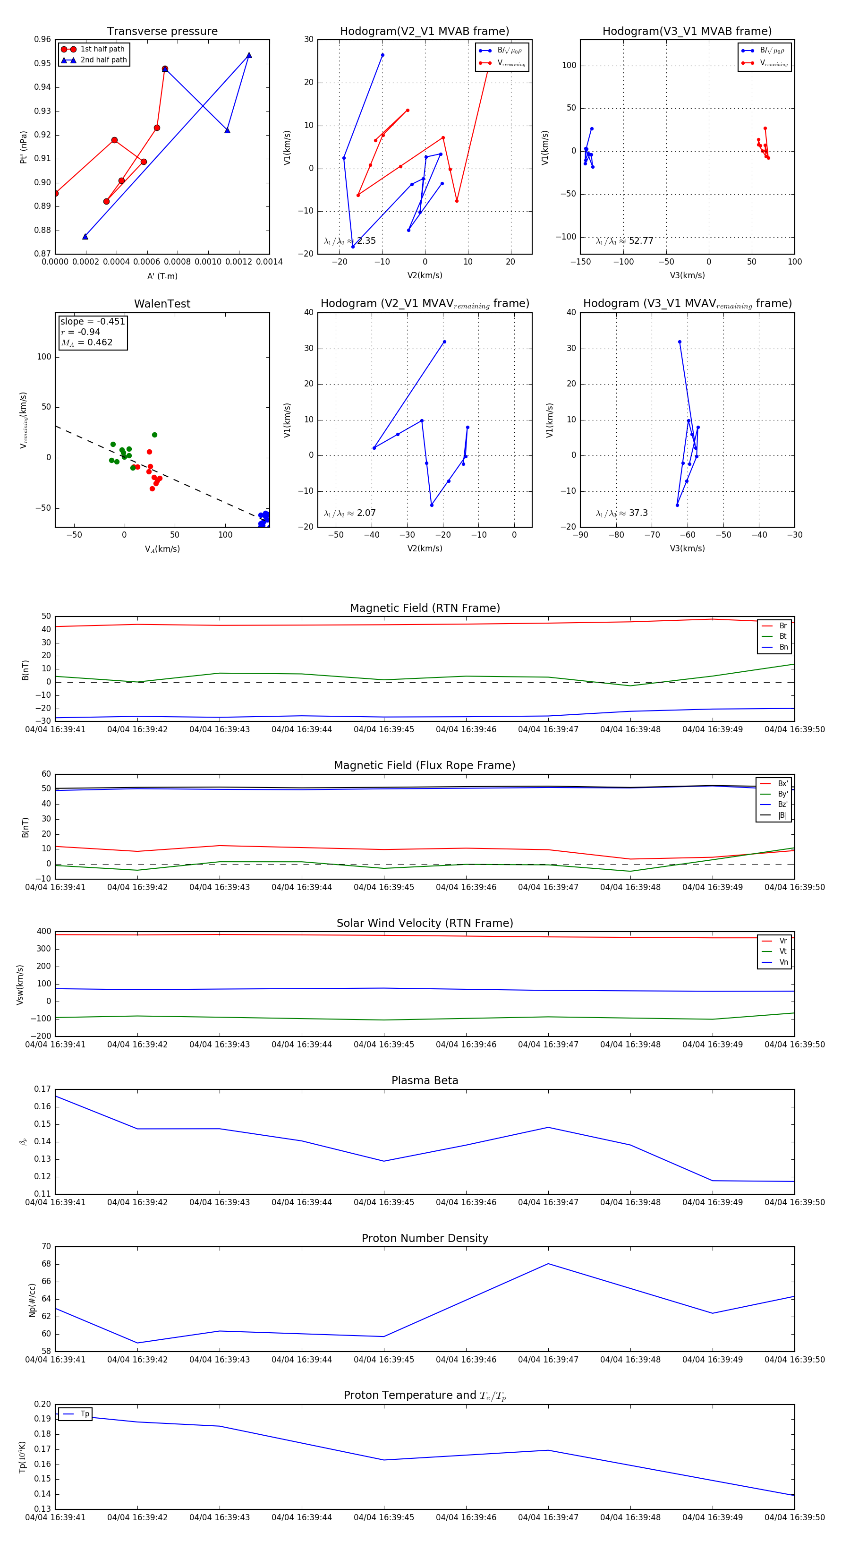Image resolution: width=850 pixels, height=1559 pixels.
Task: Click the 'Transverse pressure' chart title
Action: coord(162,32)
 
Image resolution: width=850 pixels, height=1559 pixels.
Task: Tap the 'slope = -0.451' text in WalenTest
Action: coord(93,321)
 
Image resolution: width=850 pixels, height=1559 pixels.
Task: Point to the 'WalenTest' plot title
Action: coord(162,304)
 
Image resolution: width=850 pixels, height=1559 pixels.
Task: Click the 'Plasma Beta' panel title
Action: coord(425,1080)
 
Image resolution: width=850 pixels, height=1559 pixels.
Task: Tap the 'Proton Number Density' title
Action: coord(425,1238)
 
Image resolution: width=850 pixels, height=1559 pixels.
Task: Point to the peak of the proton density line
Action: coord(548,1264)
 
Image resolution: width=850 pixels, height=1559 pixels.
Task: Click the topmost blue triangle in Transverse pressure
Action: coord(249,56)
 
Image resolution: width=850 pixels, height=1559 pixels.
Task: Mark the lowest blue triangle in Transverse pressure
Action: coord(85,237)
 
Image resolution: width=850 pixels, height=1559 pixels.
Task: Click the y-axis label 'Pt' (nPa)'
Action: coord(24,147)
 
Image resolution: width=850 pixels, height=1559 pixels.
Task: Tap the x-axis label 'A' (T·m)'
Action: coord(162,276)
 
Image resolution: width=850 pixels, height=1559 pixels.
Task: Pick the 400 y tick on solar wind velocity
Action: coord(43,932)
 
